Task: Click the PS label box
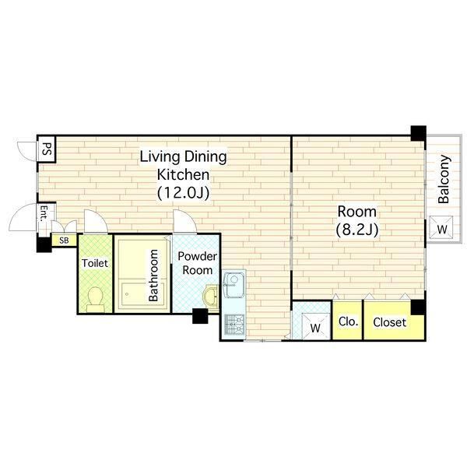(x=47, y=149)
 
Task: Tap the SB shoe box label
(x=64, y=241)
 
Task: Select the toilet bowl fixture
(x=96, y=299)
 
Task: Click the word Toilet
(x=95, y=263)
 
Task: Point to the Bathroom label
(x=153, y=276)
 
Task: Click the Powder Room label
(x=197, y=263)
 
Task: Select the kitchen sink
(x=234, y=284)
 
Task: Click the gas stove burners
(x=234, y=325)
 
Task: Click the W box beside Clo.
(x=315, y=326)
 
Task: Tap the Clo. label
(x=348, y=321)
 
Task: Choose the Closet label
(x=390, y=322)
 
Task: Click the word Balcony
(x=444, y=179)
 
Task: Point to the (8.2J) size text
(x=357, y=230)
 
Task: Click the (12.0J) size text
(x=183, y=193)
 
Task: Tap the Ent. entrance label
(x=44, y=213)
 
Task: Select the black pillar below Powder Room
(x=200, y=316)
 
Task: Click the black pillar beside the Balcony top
(x=419, y=133)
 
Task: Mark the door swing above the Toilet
(x=96, y=221)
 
